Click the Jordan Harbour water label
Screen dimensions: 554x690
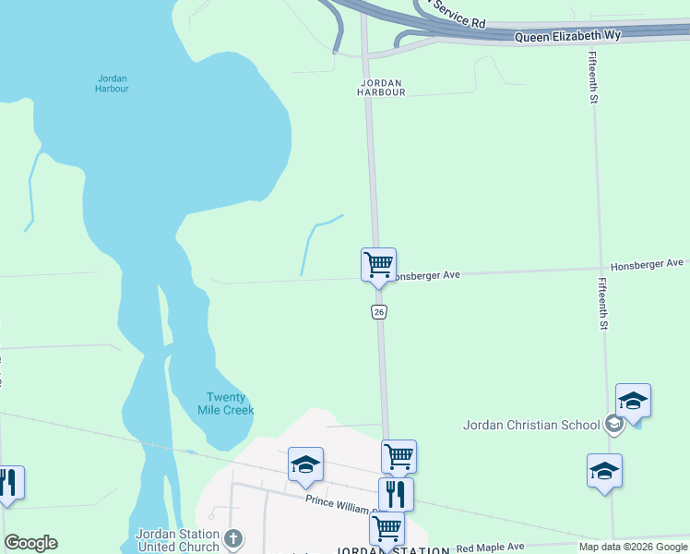click(112, 83)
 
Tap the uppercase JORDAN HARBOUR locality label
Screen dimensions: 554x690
click(382, 87)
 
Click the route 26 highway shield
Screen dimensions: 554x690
click(379, 312)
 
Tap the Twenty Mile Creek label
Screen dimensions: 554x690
click(226, 403)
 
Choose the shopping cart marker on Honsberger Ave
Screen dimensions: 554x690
click(378, 264)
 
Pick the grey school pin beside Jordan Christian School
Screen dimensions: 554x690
click(613, 424)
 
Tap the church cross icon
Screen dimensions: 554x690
click(234, 537)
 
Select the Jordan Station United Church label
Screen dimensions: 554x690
click(177, 540)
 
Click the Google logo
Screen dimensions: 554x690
click(30, 543)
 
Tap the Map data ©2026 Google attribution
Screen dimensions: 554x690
click(633, 547)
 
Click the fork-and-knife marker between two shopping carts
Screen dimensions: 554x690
click(396, 493)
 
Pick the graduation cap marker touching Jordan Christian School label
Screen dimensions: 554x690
click(633, 401)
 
